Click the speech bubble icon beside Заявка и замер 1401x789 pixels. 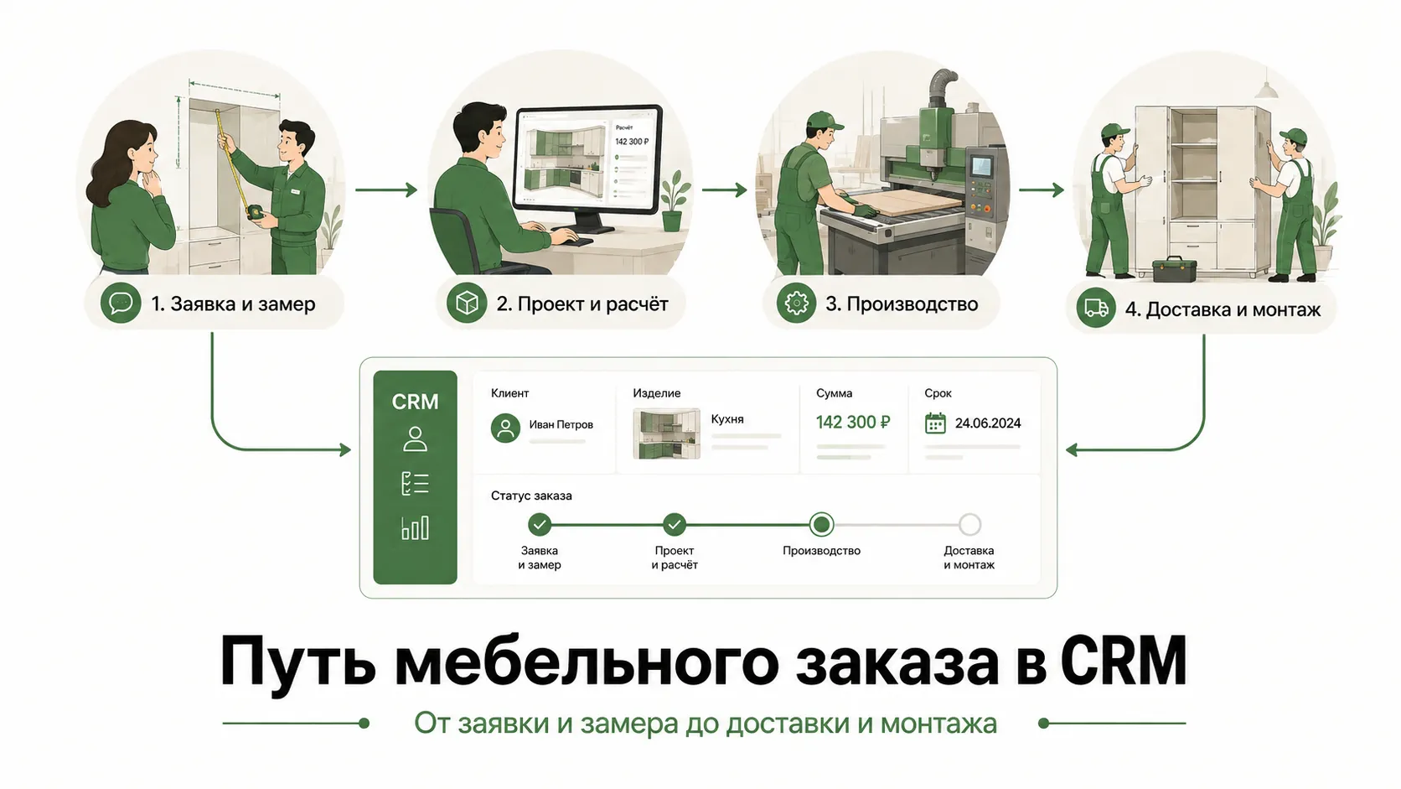pos(121,304)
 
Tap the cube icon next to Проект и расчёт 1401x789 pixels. pos(467,304)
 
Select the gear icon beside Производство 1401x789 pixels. pos(796,304)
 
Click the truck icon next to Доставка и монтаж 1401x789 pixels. pos(1096,308)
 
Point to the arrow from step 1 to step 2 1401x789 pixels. pos(386,189)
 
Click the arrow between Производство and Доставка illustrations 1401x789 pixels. pos(1042,189)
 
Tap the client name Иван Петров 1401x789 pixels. pos(561,425)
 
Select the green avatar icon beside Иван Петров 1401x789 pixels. pos(505,428)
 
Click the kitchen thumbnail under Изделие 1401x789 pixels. pos(666,433)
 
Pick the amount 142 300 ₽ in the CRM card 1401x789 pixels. pos(852,423)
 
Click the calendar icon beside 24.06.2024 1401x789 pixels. pos(935,423)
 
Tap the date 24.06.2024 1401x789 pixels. pos(988,423)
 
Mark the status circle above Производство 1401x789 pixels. pos(821,524)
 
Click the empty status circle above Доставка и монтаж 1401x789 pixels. pos(969,524)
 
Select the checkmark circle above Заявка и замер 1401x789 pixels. pos(539,524)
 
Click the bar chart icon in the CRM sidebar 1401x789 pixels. pos(416,528)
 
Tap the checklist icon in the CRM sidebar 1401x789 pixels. pos(416,484)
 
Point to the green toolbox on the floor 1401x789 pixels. pos(1174,269)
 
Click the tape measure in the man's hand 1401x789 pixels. pos(255,211)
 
